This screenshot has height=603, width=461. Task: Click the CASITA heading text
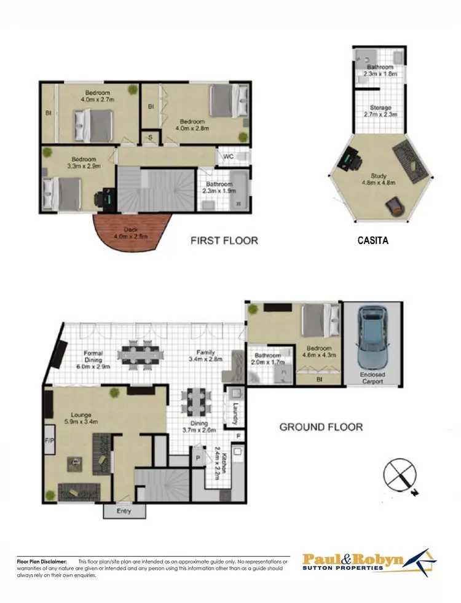point(373,242)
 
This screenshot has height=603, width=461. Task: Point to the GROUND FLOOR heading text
point(321,427)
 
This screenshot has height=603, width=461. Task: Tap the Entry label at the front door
point(124,510)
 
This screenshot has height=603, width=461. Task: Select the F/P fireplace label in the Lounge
point(50,441)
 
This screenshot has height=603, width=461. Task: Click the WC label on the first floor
point(228,156)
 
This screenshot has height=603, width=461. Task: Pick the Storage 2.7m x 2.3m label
point(379,111)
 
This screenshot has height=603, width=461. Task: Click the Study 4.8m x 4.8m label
point(379,179)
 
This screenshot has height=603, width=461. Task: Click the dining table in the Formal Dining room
point(142,353)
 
